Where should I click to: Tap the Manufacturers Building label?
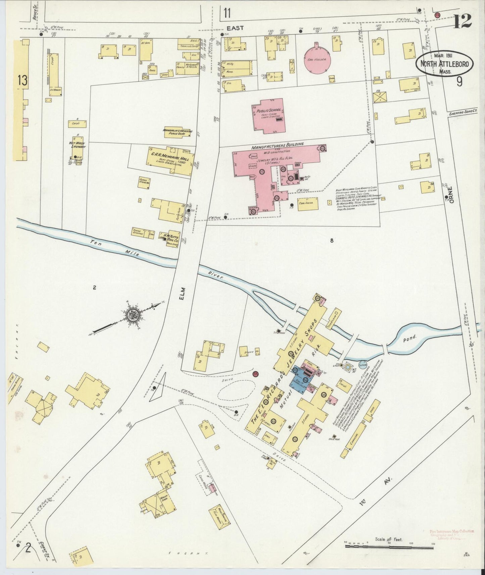click(277, 144)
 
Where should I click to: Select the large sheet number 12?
click(463, 21)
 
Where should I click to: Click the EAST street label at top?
click(236, 29)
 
